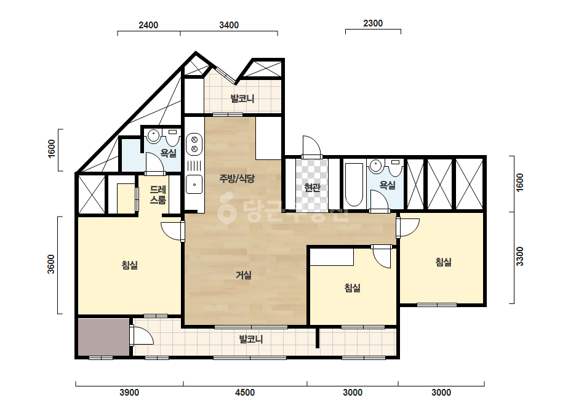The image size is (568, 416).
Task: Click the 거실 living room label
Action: click(x=244, y=276)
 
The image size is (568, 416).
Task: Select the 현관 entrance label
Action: click(x=312, y=187)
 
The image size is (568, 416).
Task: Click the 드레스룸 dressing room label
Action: click(x=158, y=194)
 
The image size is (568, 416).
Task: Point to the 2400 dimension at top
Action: click(x=148, y=25)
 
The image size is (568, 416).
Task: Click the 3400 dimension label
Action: click(x=229, y=25)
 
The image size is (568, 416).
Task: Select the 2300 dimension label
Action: click(x=373, y=23)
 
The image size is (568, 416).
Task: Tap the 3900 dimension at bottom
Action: click(x=129, y=393)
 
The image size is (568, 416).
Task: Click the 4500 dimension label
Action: click(x=245, y=393)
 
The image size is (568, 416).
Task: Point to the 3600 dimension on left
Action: click(x=51, y=265)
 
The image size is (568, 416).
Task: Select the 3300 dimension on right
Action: click(x=520, y=256)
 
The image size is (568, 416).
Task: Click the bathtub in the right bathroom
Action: click(x=354, y=185)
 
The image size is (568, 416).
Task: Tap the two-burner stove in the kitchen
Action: click(x=194, y=144)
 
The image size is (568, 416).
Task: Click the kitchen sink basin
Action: click(x=194, y=184)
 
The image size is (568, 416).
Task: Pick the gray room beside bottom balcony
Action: click(x=104, y=337)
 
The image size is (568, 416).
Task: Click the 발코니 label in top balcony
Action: click(x=242, y=98)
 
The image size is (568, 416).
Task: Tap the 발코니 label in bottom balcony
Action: click(x=251, y=340)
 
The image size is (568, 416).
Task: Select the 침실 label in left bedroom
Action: click(x=130, y=265)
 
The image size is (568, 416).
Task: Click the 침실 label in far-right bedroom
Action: click(x=444, y=262)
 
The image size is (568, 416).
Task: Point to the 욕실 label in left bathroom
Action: click(x=169, y=153)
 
